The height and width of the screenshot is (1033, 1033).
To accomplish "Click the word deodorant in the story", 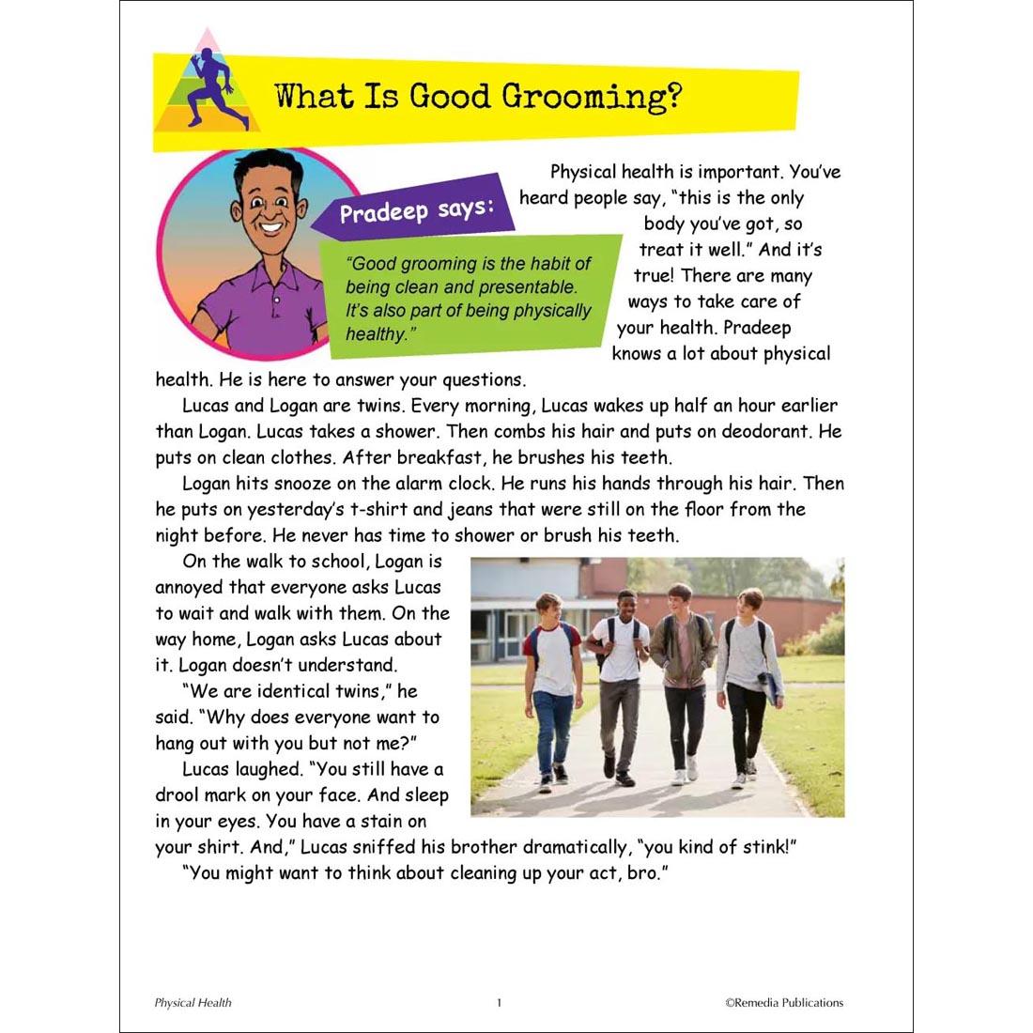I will click(x=776, y=432).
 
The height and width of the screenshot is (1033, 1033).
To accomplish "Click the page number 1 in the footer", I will click(x=500, y=1003).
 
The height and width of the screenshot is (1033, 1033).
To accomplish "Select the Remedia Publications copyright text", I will click(x=784, y=1003).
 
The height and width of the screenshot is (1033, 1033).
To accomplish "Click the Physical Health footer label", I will click(x=193, y=1003).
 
